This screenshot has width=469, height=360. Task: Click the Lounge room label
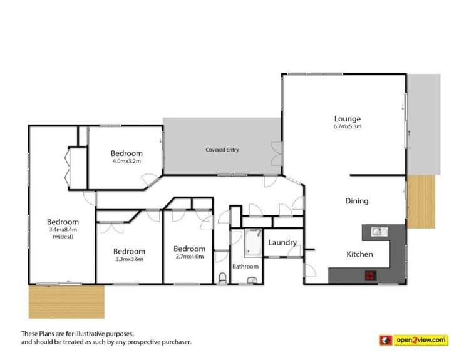[x=347, y=118]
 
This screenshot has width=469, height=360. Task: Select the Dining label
[x=356, y=201]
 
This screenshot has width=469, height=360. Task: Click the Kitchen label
[x=360, y=254]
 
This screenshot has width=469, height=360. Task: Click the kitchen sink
[x=378, y=232]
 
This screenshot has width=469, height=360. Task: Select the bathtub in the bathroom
[x=252, y=244]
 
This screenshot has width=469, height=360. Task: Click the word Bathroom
[x=245, y=266]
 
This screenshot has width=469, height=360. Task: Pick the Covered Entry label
[x=222, y=150]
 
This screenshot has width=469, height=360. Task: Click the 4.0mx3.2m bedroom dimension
[x=126, y=161]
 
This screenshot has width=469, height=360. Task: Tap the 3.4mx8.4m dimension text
[x=63, y=230]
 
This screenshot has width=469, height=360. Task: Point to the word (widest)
[x=63, y=237]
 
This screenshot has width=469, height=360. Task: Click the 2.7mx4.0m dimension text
[x=189, y=256]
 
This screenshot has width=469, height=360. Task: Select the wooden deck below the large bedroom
[x=64, y=302]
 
